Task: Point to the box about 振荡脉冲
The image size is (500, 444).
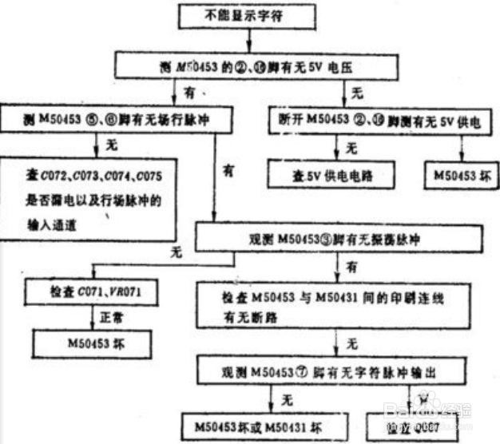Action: click(x=340, y=237)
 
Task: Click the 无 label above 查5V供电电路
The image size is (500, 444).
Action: click(x=352, y=147)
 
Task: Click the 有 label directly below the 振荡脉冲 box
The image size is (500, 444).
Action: click(x=351, y=264)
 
